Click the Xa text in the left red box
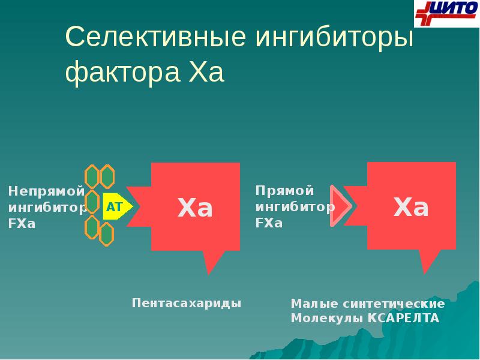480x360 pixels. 196,208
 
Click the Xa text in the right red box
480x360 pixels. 411,208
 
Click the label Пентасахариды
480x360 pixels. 187,303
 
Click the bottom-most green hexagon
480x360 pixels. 106,234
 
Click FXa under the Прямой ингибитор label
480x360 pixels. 269,223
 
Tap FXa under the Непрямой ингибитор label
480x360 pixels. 22,224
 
